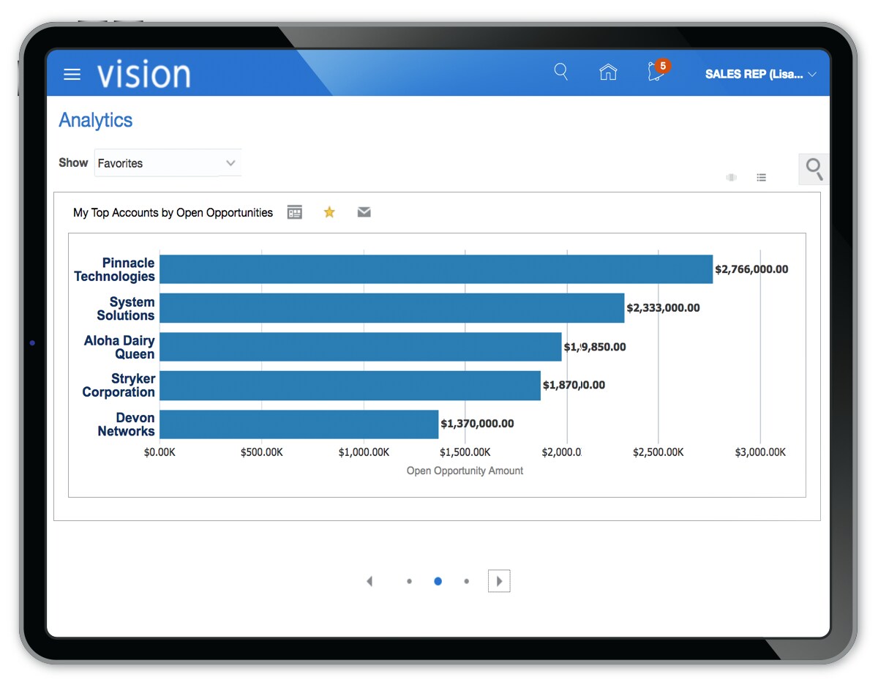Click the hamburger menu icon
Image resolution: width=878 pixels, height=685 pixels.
click(72, 74)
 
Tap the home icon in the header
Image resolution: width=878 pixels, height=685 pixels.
click(608, 72)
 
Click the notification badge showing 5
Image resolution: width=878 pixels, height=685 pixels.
click(662, 66)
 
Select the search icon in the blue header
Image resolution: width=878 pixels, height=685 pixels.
click(561, 72)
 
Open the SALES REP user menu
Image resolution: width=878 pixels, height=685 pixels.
click(760, 74)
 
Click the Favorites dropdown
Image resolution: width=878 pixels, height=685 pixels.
click(168, 163)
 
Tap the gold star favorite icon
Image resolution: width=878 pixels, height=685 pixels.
click(329, 212)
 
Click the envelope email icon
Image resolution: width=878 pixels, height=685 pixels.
click(364, 212)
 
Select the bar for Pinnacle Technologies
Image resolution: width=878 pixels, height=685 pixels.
click(435, 269)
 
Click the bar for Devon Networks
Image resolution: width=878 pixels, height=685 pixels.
click(299, 424)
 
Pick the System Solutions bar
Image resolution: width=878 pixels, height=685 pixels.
click(391, 308)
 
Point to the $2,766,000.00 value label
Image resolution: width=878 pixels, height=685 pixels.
click(751, 269)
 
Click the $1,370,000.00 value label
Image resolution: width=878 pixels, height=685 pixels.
click(477, 424)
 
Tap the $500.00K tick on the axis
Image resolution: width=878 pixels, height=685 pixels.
click(261, 452)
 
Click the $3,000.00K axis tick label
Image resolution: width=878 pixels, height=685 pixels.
click(760, 452)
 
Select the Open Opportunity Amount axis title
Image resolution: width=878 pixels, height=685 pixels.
click(465, 471)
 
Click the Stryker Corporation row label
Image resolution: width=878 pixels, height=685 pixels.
click(119, 386)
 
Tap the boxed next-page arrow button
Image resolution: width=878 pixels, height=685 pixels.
click(499, 581)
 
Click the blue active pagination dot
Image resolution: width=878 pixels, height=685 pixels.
click(438, 581)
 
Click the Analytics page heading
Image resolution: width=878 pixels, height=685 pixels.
click(96, 120)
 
